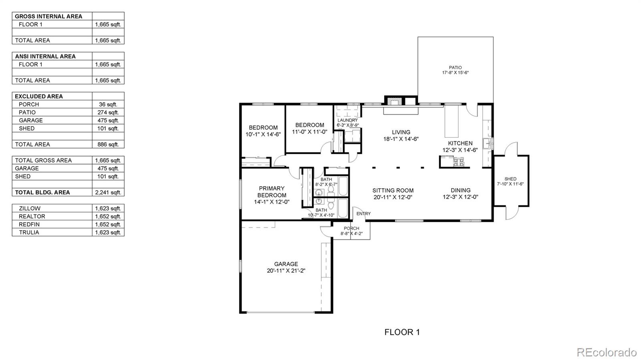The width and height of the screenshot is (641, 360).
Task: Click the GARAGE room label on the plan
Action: (286, 264)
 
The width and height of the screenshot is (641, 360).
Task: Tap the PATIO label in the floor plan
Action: (455, 68)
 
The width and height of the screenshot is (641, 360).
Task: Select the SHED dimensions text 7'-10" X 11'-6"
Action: (510, 184)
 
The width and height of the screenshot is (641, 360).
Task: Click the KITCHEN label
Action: (460, 143)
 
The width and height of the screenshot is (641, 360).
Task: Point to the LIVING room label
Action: (401, 132)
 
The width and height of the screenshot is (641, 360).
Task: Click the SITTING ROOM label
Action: (393, 191)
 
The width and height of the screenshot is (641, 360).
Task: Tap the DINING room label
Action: (460, 191)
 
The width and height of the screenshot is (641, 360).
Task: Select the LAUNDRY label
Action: (347, 120)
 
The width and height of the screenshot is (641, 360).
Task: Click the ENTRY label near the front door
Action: (363, 214)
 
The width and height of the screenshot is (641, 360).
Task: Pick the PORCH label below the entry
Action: (351, 228)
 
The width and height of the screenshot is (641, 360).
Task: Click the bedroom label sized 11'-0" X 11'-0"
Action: (310, 125)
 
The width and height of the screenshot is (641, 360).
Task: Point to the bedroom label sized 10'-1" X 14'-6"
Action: (263, 128)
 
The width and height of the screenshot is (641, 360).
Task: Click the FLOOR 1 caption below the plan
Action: (402, 332)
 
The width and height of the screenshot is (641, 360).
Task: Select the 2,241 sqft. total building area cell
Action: (108, 192)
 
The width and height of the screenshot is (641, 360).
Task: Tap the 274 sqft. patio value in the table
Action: (108, 112)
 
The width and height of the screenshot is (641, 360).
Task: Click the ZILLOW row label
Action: (30, 208)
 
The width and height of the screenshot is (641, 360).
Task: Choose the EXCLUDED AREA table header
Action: (39, 96)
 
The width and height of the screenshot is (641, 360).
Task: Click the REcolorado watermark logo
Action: (606, 352)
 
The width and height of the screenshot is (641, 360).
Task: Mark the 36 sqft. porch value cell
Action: (108, 104)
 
